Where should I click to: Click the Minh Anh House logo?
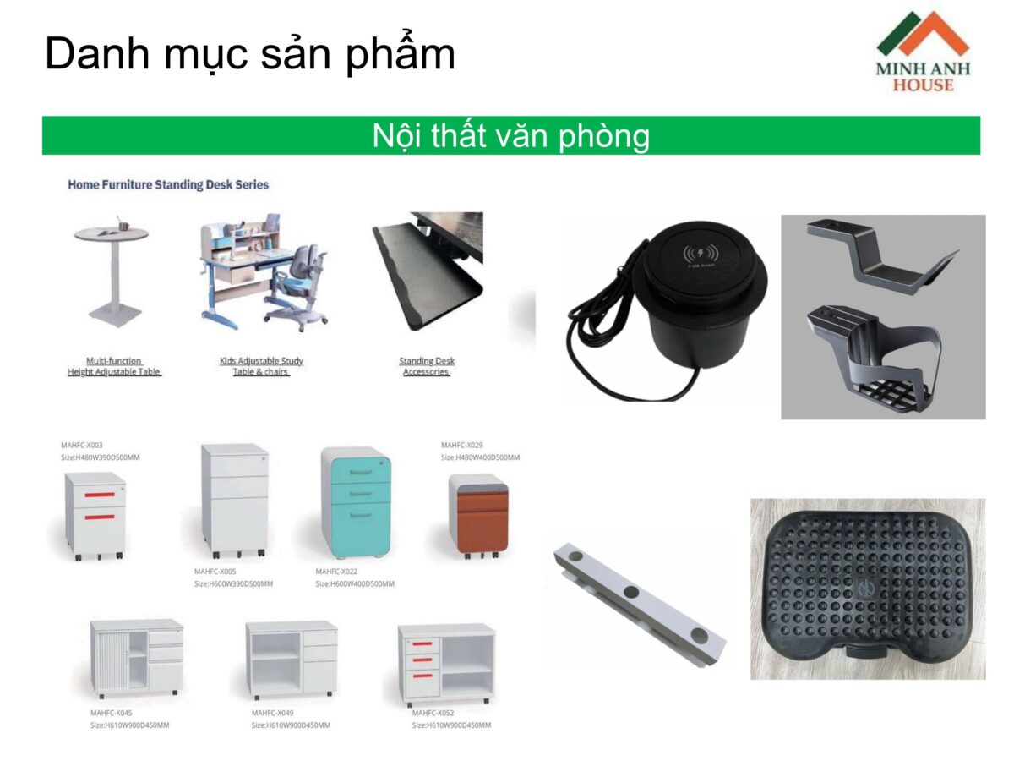(x=923, y=52)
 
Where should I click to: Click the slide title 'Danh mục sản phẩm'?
(x=250, y=53)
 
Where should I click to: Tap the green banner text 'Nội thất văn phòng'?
(x=510, y=135)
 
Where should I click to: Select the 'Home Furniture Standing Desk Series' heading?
(x=168, y=184)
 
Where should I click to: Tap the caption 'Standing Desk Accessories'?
(x=427, y=366)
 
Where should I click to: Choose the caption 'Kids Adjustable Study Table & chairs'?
(x=261, y=366)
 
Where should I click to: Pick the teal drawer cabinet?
(x=357, y=503)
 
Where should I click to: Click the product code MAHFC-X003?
(x=82, y=445)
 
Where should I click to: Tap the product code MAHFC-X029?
(x=463, y=445)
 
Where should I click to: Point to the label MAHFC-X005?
(x=215, y=572)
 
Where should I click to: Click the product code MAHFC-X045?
(x=112, y=713)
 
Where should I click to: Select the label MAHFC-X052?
(x=433, y=713)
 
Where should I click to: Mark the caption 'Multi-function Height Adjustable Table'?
(x=114, y=366)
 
